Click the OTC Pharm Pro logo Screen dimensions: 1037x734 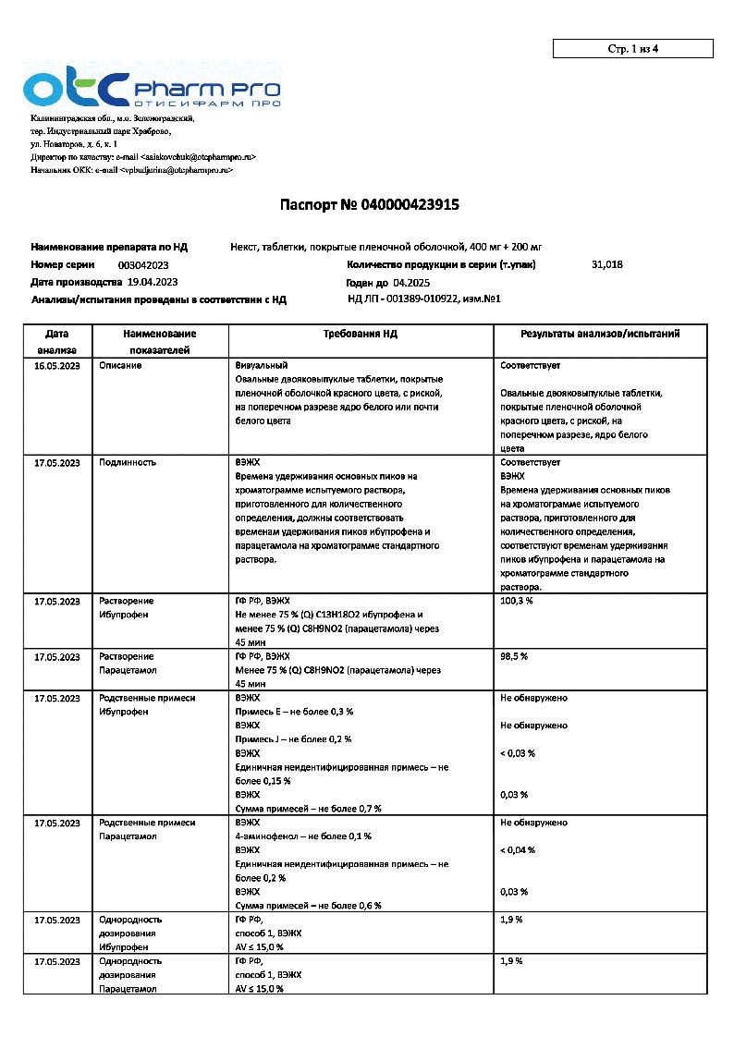pyautogui.click(x=153, y=89)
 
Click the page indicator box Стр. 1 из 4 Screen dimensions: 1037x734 pyautogui.click(x=632, y=49)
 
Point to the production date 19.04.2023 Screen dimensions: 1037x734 pyautogui.click(x=153, y=282)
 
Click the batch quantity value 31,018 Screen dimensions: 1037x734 pyautogui.click(x=606, y=264)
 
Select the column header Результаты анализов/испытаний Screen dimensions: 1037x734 pyautogui.click(x=600, y=334)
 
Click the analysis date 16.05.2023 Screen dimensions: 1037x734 pyautogui.click(x=57, y=366)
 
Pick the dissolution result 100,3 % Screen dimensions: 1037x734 pyautogui.click(x=517, y=601)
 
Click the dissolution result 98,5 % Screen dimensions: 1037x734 pyautogui.click(x=514, y=656)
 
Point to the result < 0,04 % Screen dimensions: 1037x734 pyautogui.click(x=518, y=850)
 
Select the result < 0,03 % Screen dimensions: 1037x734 pyautogui.click(x=518, y=753)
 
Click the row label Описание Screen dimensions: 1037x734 pyautogui.click(x=120, y=366)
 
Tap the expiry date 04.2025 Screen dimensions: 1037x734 pyautogui.click(x=411, y=283)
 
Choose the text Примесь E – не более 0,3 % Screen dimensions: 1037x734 pyautogui.click(x=295, y=712)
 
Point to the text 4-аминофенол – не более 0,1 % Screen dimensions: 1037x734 pyautogui.click(x=303, y=836)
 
